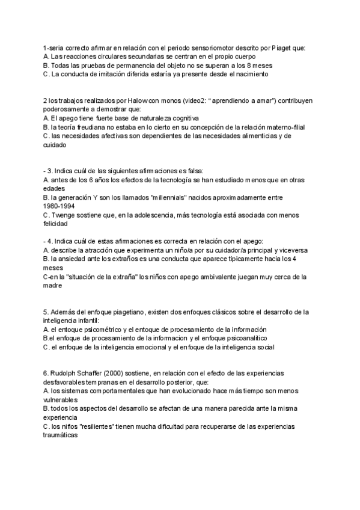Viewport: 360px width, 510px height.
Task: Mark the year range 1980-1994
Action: [x=60, y=206]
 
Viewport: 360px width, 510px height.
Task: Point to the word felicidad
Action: [x=58, y=224]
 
